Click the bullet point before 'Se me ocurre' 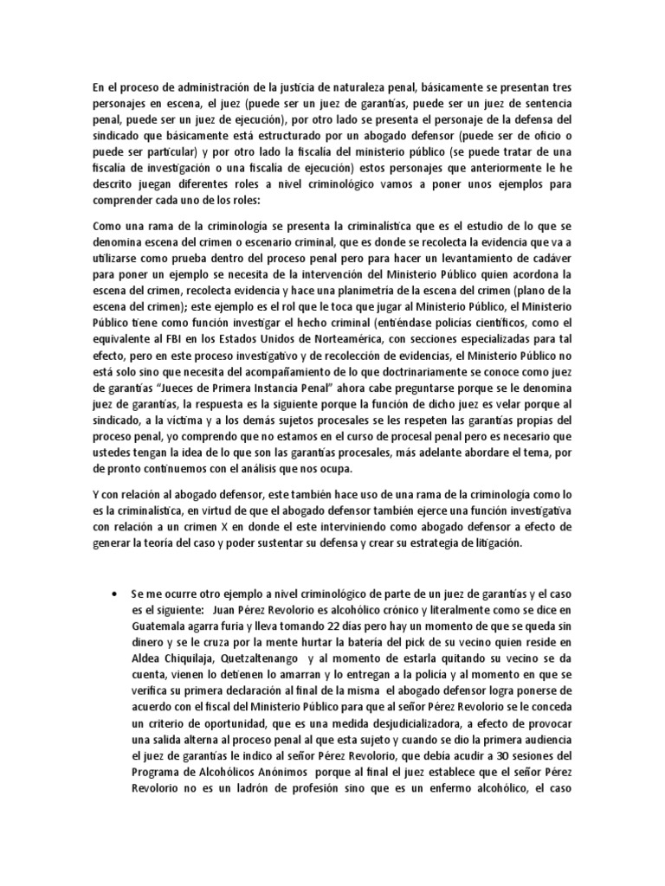tap(116, 596)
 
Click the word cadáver tap(547, 257)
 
